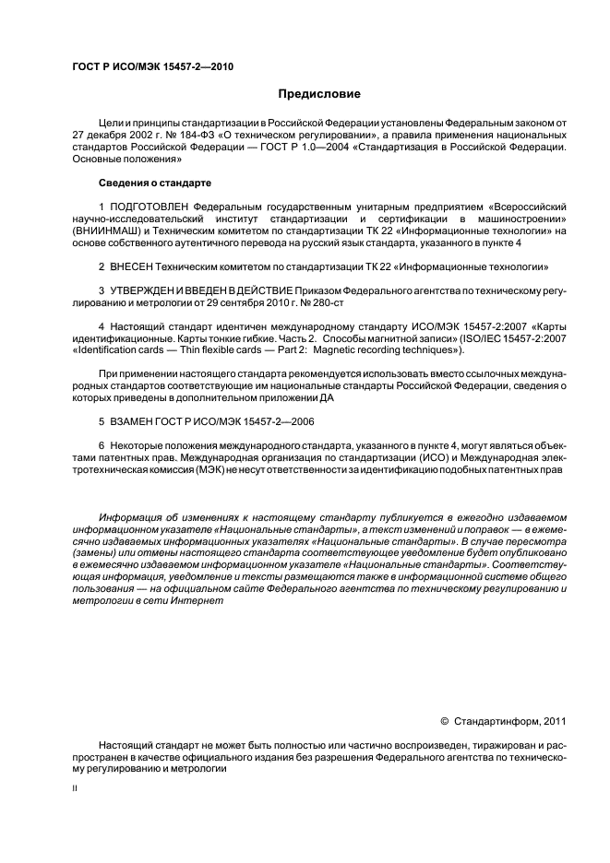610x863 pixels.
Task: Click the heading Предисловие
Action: click(x=313, y=94)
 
